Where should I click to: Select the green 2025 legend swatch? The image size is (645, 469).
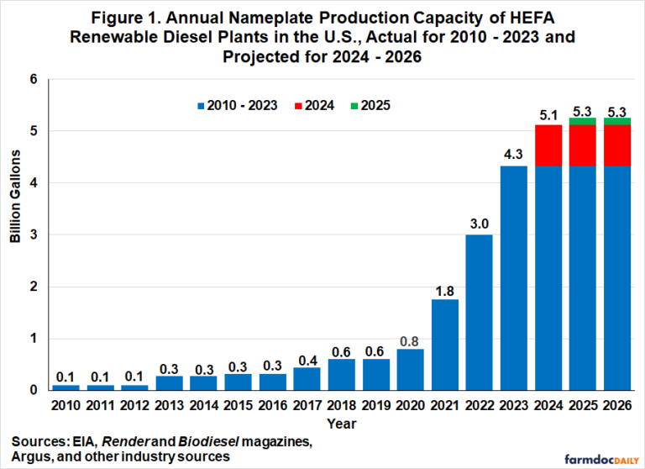(x=357, y=106)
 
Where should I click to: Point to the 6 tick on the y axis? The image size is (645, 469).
(x=34, y=79)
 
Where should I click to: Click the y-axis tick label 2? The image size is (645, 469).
(x=34, y=287)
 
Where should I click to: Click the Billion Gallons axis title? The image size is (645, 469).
(x=15, y=234)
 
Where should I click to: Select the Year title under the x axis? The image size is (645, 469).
(x=343, y=423)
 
